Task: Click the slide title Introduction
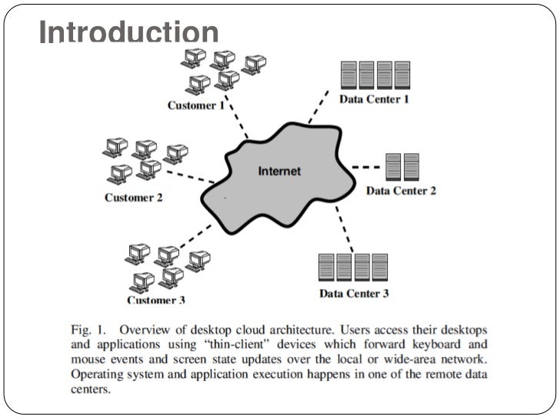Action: point(128,33)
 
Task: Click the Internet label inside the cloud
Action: point(279,171)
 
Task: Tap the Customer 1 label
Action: point(196,105)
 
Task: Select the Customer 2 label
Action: point(134,198)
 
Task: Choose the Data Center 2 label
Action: point(401,190)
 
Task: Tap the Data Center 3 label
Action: point(354,293)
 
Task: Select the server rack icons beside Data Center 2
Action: point(402,166)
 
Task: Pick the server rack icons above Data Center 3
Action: point(353,267)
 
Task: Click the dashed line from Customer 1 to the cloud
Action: point(238,123)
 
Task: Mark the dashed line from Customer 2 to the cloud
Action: point(192,176)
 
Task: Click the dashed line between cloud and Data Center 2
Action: point(368,166)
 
